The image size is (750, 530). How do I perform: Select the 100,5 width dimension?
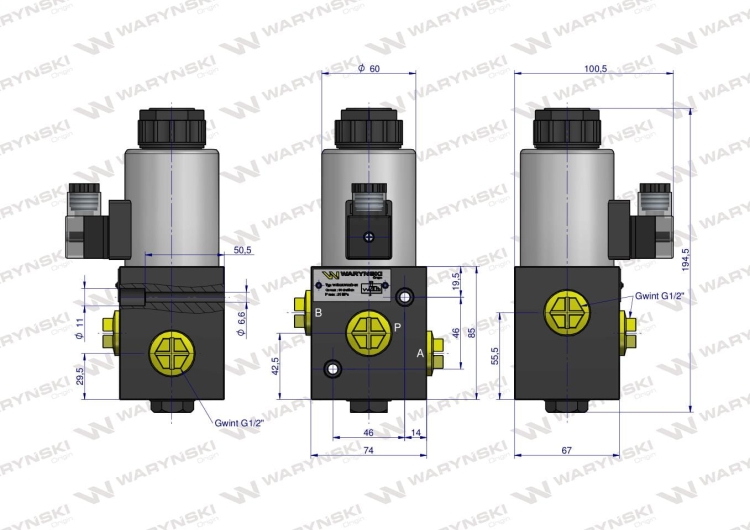596,68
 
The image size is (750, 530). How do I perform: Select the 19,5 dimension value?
456,281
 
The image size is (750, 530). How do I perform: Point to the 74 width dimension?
368,452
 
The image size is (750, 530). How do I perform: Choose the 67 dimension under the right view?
567,452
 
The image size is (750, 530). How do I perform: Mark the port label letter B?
318,314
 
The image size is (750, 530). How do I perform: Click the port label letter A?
420,353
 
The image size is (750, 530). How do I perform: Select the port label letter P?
397,327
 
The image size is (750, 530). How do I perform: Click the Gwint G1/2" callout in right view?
661,295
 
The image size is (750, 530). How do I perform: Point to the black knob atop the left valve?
175,126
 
